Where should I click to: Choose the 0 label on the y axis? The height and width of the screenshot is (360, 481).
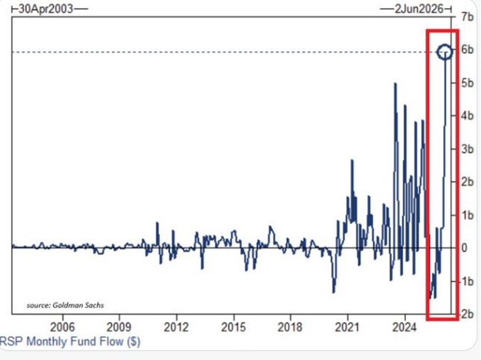tap(464, 248)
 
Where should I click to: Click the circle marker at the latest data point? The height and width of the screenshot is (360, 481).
tap(445, 52)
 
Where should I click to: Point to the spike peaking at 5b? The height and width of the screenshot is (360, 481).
tap(395, 84)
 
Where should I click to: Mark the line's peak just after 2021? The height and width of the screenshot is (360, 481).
tap(352, 160)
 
